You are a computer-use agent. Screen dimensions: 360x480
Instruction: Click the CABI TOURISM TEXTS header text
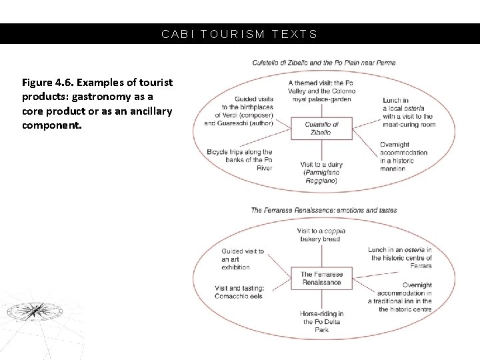(x=240, y=34)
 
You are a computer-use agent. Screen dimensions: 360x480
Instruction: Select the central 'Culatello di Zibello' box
(x=321, y=129)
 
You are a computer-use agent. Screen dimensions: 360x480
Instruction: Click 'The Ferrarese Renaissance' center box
(x=322, y=278)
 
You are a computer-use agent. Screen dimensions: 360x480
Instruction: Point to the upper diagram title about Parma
(x=323, y=63)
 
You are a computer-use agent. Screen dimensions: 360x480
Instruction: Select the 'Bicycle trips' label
(x=240, y=160)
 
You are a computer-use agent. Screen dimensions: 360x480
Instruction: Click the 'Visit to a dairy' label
(x=322, y=172)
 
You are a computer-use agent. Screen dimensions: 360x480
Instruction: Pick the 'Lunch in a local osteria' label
(x=409, y=112)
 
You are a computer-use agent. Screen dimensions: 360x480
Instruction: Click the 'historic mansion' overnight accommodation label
(x=403, y=157)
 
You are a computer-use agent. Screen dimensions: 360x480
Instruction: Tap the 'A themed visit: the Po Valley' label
(x=321, y=91)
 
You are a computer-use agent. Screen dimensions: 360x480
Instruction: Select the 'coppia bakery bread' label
(x=321, y=235)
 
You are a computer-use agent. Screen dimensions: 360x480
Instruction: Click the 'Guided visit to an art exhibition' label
(x=243, y=259)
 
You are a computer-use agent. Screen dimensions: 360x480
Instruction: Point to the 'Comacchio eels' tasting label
(x=240, y=292)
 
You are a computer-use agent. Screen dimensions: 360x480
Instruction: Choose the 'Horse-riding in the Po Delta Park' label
(x=322, y=322)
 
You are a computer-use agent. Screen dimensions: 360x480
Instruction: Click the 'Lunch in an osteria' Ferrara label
(x=401, y=253)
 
